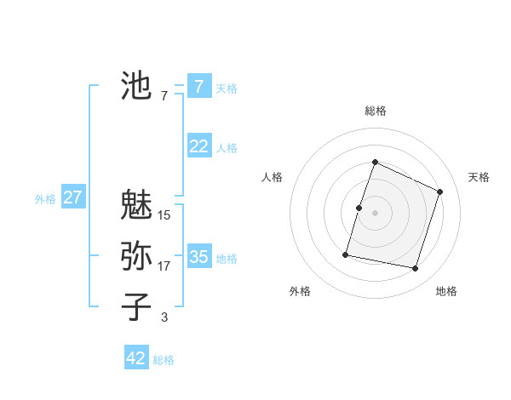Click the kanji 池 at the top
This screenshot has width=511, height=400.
[136, 86]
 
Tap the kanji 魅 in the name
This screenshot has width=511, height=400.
[136, 205]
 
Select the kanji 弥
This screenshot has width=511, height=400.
[136, 255]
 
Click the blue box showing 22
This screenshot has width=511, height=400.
[198, 146]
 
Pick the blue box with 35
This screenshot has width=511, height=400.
[198, 257]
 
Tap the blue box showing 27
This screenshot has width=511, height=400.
[72, 198]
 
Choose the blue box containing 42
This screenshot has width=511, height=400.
[136, 358]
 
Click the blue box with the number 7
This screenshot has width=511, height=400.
[198, 87]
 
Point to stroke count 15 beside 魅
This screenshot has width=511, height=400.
[164, 215]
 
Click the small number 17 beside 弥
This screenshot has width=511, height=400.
[164, 266]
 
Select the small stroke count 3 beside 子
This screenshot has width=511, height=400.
[164, 317]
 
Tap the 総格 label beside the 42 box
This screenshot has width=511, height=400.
[164, 360]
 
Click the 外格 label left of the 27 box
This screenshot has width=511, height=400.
[45, 199]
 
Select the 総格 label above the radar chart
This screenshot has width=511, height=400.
[376, 111]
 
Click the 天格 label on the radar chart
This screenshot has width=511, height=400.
[479, 177]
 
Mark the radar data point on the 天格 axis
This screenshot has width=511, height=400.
[440, 191]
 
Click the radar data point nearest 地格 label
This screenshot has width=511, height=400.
[416, 268]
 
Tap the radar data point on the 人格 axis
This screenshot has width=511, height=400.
[359, 208]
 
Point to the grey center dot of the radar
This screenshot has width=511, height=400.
[376, 213]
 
